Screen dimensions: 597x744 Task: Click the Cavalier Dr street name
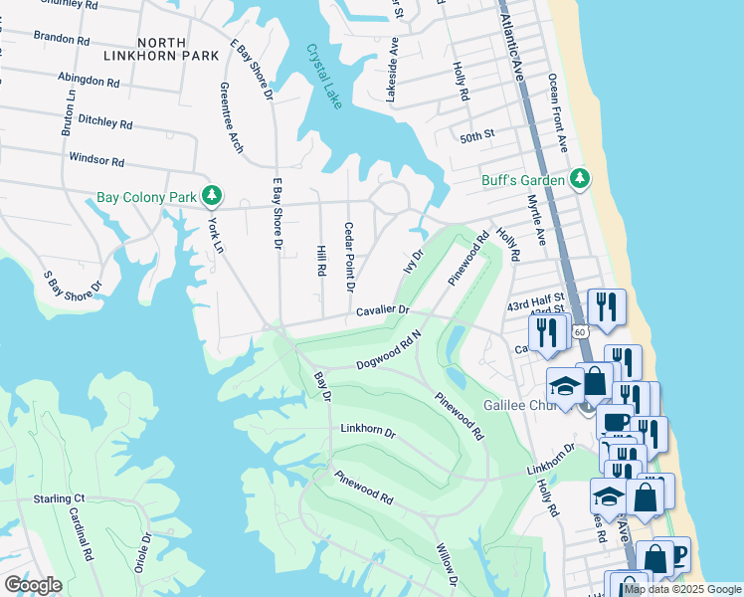coord(383,311)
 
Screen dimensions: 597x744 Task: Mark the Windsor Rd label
coord(96,159)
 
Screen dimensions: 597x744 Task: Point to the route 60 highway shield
coord(580,329)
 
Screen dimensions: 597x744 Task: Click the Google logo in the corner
coord(33,584)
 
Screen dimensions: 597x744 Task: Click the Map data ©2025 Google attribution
coord(682,589)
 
